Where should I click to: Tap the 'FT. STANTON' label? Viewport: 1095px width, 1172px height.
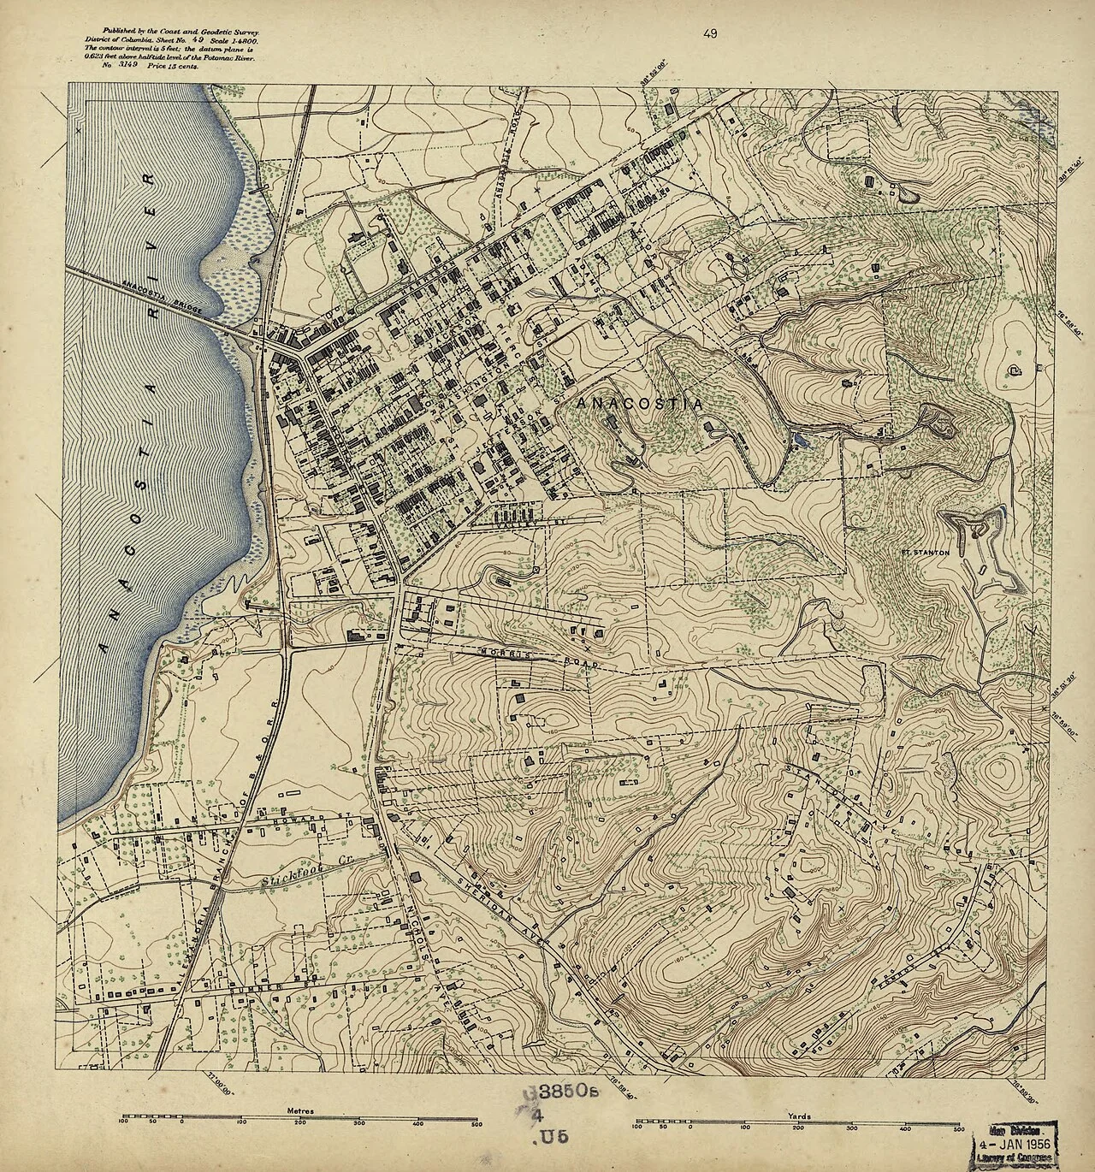925,553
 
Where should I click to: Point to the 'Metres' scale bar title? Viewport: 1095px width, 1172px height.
301,1110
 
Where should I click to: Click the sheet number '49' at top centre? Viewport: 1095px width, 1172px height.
709,34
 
